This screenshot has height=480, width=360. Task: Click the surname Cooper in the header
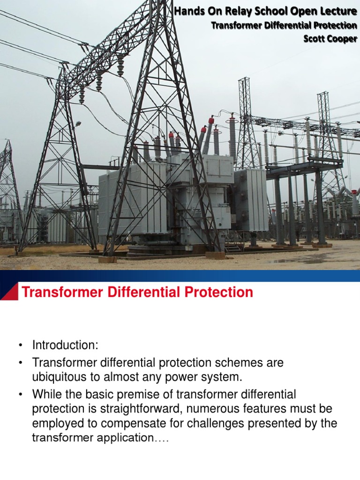coord(342,39)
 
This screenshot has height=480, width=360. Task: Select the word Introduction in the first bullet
coord(65,345)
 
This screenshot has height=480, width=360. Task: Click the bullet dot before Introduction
coord(21,346)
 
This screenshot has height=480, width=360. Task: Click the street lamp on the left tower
coord(77,123)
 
